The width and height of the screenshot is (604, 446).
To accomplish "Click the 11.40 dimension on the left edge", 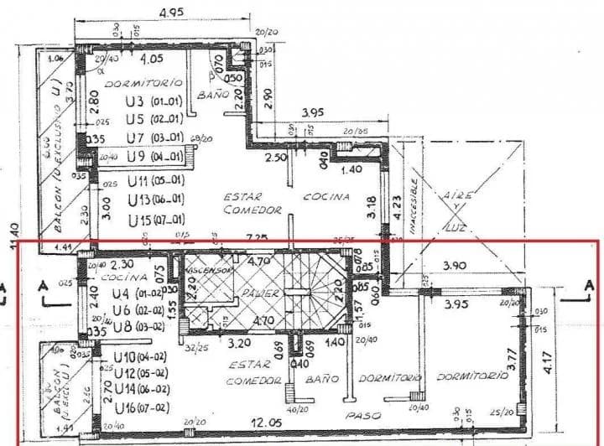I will point(11,235).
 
